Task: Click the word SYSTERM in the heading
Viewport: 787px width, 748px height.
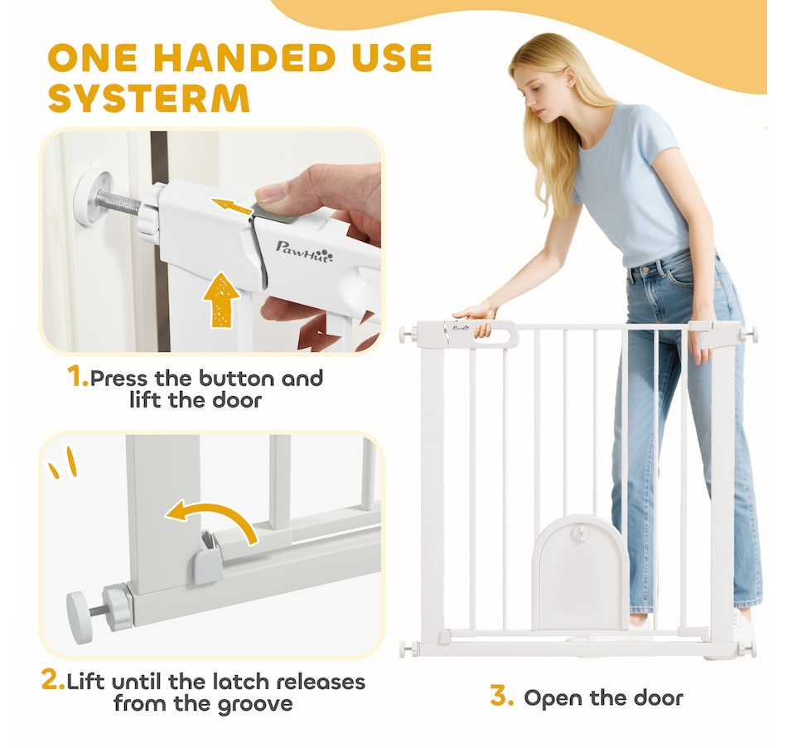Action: [x=149, y=98]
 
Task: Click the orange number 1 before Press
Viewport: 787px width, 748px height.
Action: [x=77, y=377]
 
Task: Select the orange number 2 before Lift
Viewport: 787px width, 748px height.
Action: [x=53, y=680]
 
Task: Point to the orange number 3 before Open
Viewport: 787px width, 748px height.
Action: [x=502, y=697]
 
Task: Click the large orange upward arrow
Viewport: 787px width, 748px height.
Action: [x=221, y=300]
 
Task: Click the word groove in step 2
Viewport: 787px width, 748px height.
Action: [x=255, y=704]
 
